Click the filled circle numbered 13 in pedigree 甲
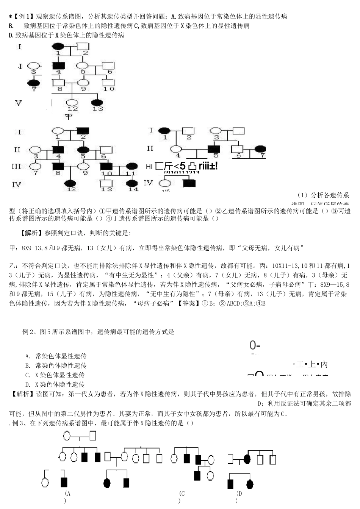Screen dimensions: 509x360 tap(98, 103)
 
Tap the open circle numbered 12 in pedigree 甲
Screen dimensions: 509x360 tap(72, 103)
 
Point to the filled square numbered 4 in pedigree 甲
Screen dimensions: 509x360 tap(58, 66)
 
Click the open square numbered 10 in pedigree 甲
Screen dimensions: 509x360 tap(108, 83)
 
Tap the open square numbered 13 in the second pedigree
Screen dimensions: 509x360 tap(106, 183)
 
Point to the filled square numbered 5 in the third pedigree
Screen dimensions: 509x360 tap(214, 149)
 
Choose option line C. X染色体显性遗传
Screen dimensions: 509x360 tap(55, 375)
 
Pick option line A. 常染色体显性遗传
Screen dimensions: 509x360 tap(56, 356)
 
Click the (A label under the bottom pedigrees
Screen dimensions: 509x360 tap(67, 493)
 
